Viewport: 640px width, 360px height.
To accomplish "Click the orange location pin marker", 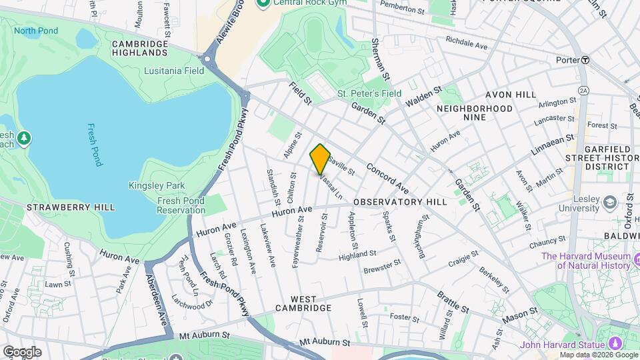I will point(320,159).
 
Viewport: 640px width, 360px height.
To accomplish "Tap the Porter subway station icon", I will point(585,59).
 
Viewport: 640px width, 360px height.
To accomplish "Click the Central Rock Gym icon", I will point(262,3).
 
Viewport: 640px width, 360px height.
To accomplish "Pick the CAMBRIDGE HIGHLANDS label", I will point(140,48).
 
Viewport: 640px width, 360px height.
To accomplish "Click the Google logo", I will point(22,351).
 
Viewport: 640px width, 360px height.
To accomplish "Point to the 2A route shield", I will point(584,90).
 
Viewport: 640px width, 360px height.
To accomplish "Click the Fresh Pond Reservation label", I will point(181,205).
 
